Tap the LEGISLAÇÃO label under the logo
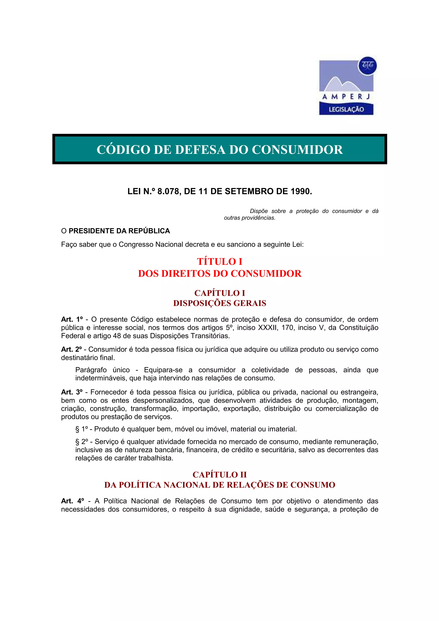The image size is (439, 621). click(x=346, y=109)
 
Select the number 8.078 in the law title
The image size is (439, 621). click(x=168, y=192)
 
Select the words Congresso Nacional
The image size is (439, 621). click(x=151, y=244)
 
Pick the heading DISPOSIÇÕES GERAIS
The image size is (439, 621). click(x=220, y=303)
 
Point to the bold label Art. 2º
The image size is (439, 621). click(x=71, y=349)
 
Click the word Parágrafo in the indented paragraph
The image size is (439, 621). click(x=91, y=370)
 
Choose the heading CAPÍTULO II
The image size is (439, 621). click(x=220, y=475)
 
